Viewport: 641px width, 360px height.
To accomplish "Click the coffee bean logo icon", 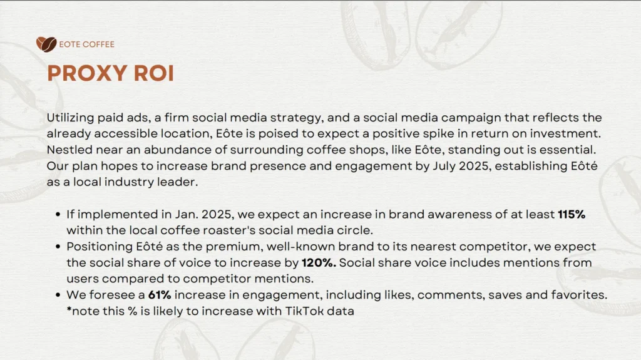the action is point(46,44).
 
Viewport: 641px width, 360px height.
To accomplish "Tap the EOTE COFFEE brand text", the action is point(86,44).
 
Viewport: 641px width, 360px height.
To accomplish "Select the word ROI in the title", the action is point(154,73).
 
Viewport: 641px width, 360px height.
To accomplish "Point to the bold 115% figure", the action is point(572,214).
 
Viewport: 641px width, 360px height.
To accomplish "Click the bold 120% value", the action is point(319,262).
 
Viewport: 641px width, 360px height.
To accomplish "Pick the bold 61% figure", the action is point(160,295).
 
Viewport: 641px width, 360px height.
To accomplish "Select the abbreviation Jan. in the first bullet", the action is point(187,214).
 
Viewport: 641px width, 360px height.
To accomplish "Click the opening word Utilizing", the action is point(70,118).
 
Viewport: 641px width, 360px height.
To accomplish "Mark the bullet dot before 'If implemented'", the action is point(58,214).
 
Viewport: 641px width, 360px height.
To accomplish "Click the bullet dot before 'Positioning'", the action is point(58,247).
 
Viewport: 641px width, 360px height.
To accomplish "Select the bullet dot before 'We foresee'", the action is point(58,295).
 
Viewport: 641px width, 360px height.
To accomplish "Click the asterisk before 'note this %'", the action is point(69,309).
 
